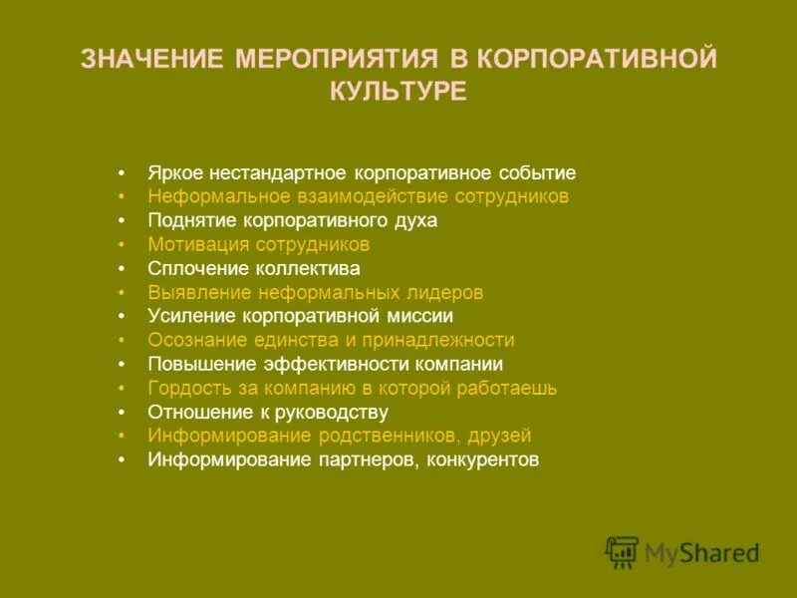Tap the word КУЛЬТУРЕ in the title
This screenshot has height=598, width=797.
pyautogui.click(x=398, y=92)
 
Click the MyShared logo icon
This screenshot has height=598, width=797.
pyautogui.click(x=622, y=552)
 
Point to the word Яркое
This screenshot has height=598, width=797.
pyautogui.click(x=171, y=172)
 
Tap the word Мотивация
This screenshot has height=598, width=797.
pyautogui.click(x=197, y=244)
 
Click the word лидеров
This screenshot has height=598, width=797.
pyautogui.click(x=443, y=293)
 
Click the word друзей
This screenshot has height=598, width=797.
pyautogui.click(x=503, y=436)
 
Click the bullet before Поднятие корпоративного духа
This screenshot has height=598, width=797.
pyautogui.click(x=121, y=221)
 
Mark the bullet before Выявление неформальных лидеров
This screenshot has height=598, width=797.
pyautogui.click(x=121, y=293)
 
